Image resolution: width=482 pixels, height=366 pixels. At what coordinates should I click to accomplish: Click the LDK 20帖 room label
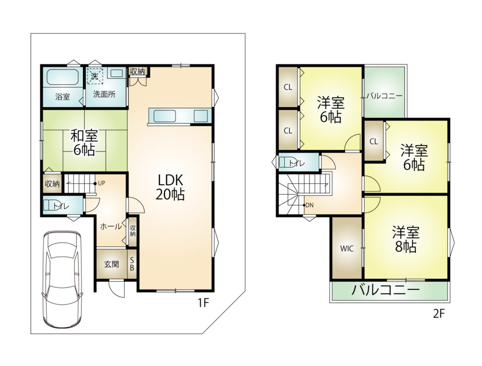tap(170, 187)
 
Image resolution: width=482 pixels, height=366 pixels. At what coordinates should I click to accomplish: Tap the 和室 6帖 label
tap(84, 143)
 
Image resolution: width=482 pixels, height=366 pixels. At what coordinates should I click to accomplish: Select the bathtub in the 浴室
tap(63, 77)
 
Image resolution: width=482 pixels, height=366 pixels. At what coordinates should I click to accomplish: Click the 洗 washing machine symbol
tap(95, 76)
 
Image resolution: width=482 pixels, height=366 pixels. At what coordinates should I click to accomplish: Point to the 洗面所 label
tap(104, 94)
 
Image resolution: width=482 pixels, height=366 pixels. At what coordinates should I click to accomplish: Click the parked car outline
tap(62, 279)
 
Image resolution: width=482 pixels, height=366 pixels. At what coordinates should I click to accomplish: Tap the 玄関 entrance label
tap(111, 264)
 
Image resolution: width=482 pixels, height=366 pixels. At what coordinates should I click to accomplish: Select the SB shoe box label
tap(132, 264)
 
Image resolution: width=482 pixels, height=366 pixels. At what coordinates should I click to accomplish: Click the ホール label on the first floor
tap(111, 227)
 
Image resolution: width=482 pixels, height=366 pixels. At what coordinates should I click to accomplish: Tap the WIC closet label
tap(347, 249)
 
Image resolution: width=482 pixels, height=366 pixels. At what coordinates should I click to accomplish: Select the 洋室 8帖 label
tap(406, 239)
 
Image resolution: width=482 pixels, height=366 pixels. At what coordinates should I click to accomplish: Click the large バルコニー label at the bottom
tap(386, 290)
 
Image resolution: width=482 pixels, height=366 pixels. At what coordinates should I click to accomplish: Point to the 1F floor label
tap(203, 303)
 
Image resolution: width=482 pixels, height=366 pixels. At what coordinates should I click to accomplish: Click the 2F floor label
tap(439, 314)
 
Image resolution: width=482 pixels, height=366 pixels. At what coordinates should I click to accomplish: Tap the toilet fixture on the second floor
tap(288, 162)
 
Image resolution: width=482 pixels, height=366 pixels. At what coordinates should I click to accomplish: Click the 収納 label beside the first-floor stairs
tap(52, 184)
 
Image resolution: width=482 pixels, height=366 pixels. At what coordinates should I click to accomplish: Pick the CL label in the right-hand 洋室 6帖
tap(373, 141)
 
